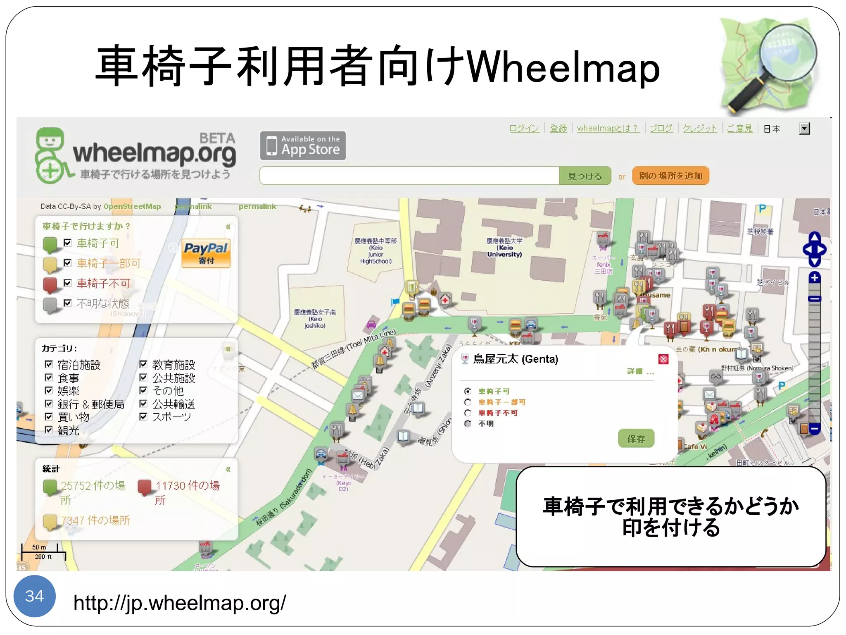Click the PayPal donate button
click(206, 253)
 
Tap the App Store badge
click(303, 146)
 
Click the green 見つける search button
click(585, 176)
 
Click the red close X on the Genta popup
click(663, 359)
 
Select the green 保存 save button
click(636, 439)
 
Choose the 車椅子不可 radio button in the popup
click(468, 413)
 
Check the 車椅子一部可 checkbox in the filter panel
click(68, 263)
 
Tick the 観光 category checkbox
click(49, 430)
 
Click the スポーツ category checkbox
click(143, 416)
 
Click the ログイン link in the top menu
click(524, 129)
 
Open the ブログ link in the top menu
click(661, 129)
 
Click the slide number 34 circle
click(34, 596)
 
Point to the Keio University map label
click(504, 248)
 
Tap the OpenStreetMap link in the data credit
click(132, 206)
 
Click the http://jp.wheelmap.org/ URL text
click(179, 603)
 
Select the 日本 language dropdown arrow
click(804, 129)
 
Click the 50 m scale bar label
click(39, 547)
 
